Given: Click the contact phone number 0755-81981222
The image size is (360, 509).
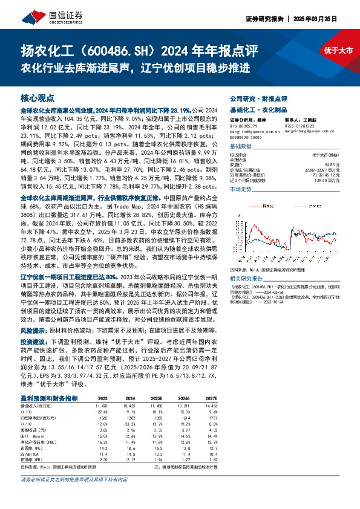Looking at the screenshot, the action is coord(296,126).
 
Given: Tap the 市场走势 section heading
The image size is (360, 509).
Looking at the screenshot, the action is coord(240,189).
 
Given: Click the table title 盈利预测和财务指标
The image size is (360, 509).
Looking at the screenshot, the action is coord(49,381).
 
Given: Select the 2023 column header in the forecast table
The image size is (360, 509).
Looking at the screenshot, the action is coord(103,382).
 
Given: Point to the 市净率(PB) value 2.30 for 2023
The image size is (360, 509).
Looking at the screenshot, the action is coord(103,443).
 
